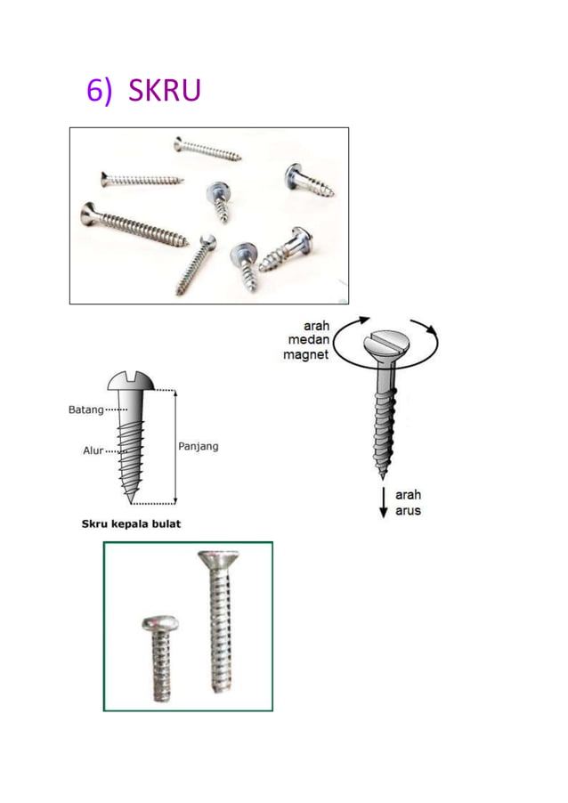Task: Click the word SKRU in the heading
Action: [165, 90]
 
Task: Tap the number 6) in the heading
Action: [99, 91]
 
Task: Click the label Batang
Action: [86, 410]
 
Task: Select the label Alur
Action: [93, 450]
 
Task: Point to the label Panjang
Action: [199, 447]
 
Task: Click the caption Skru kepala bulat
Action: [131, 523]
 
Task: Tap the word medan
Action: [308, 339]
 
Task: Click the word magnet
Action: [305, 354]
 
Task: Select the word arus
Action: [409, 511]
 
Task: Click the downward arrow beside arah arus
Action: [383, 502]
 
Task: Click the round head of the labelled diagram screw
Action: [131, 381]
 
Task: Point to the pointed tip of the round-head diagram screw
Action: [130, 502]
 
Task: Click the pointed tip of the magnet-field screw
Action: [382, 477]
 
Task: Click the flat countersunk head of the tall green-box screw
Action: [218, 559]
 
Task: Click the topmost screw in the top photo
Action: [207, 149]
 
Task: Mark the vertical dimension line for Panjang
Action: [175, 447]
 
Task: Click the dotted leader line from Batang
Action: [117, 410]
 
